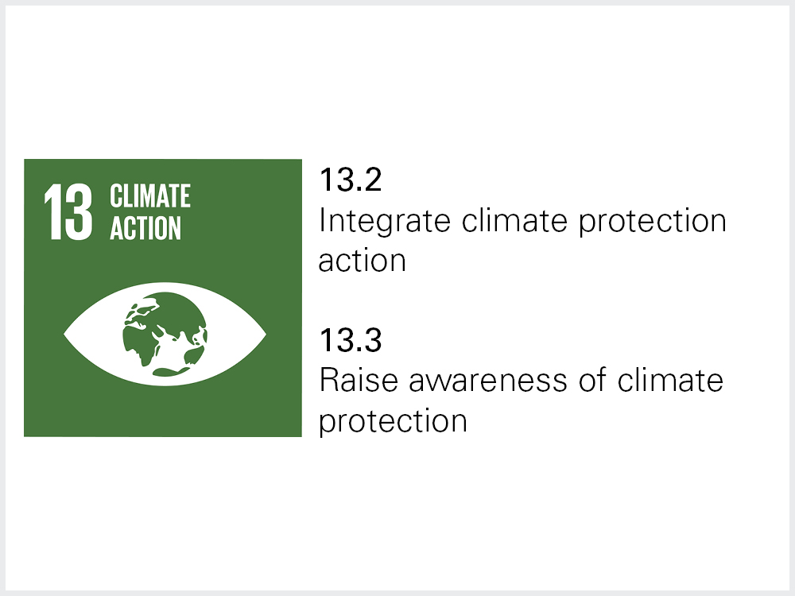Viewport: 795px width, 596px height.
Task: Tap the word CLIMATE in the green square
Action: (150, 195)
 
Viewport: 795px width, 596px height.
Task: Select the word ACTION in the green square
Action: (145, 227)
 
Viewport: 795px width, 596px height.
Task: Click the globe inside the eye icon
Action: (165, 334)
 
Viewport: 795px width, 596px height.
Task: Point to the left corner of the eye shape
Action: (64, 334)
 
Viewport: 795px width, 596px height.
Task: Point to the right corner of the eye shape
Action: (266, 334)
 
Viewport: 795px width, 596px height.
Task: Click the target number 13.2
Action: (351, 180)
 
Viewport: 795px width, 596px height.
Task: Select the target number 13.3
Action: (351, 340)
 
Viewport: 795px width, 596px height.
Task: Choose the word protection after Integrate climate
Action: (653, 222)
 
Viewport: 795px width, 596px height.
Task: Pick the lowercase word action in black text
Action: (362, 261)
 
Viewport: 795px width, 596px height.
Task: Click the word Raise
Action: (359, 381)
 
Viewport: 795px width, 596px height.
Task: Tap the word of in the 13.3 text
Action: (592, 380)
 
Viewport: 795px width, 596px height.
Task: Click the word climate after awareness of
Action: (669, 381)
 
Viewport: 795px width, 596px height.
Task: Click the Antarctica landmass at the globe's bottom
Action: (171, 372)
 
